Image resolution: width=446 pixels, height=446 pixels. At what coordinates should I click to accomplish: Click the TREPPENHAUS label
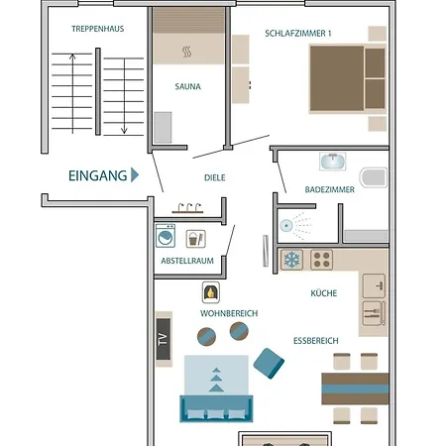tap(98, 29)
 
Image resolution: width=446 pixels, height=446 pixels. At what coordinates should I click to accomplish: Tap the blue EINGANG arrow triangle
tap(135, 175)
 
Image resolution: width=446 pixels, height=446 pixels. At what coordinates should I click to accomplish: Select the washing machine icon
tap(166, 236)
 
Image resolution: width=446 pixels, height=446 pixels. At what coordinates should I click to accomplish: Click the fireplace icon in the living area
tap(211, 292)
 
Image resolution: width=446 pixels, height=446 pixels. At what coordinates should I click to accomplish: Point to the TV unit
tap(164, 339)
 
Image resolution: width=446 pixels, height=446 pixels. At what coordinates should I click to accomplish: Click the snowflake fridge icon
tap(291, 260)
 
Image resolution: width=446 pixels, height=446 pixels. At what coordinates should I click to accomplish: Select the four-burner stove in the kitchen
tap(321, 260)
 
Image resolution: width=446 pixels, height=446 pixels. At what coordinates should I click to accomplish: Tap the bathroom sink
tap(333, 162)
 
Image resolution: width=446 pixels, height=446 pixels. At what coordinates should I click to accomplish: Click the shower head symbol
tap(286, 226)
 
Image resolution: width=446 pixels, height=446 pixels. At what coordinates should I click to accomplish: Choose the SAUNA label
tap(187, 86)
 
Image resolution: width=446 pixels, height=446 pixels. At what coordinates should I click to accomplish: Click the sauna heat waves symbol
tap(187, 52)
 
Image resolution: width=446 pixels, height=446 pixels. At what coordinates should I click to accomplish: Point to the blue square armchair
tap(269, 363)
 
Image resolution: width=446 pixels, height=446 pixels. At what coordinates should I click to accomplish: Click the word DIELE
tap(215, 177)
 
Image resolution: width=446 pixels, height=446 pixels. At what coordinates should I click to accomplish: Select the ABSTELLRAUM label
tap(187, 261)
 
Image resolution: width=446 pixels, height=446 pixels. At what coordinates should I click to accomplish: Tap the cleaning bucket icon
tap(196, 239)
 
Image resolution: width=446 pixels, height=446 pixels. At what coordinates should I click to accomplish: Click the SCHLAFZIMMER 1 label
tap(298, 34)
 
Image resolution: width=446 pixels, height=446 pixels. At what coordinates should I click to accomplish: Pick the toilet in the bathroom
tap(374, 177)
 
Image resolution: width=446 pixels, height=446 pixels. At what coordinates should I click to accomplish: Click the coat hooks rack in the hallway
tap(187, 208)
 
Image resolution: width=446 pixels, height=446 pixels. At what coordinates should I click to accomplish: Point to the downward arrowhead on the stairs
tap(124, 131)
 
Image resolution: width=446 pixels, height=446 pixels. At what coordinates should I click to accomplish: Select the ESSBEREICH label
tap(316, 341)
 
